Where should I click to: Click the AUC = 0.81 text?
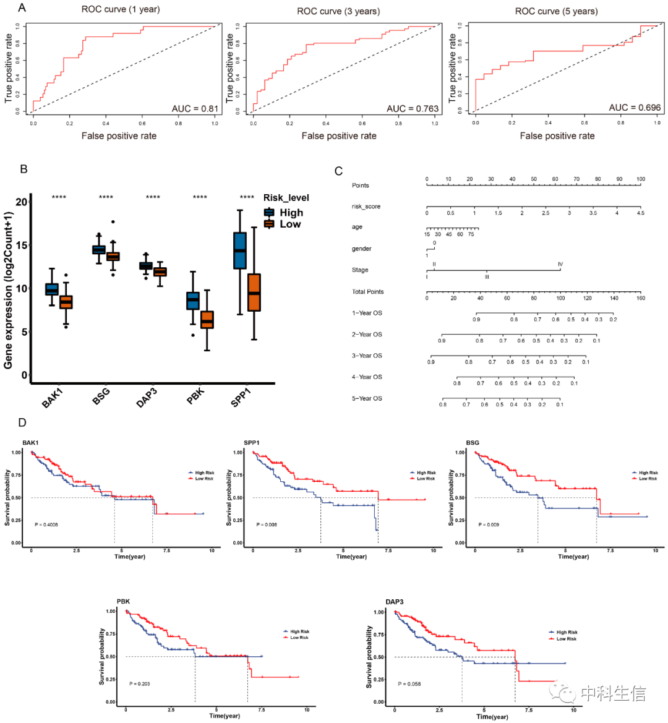click(x=195, y=108)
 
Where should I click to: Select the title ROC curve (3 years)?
click(x=338, y=11)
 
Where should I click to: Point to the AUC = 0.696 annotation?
click(x=635, y=108)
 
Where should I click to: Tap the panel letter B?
click(x=24, y=168)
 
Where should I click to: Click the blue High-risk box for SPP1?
click(x=240, y=250)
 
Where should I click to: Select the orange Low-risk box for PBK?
click(x=207, y=320)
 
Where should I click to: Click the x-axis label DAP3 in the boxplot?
click(x=147, y=398)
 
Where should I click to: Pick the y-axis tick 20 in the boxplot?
click(x=22, y=202)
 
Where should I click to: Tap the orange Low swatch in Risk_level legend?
click(x=269, y=224)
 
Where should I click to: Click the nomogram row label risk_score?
click(x=366, y=207)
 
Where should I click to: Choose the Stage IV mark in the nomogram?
click(x=560, y=265)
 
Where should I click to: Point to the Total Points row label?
click(x=367, y=292)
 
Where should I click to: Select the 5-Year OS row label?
click(x=367, y=398)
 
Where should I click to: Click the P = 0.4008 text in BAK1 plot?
click(x=47, y=524)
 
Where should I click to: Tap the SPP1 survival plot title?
click(x=251, y=443)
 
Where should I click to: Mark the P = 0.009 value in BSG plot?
click(x=489, y=524)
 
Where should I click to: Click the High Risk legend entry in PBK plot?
click(x=299, y=631)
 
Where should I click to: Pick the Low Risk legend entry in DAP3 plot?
click(x=566, y=639)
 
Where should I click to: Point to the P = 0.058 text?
click(x=409, y=684)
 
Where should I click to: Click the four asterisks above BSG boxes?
click(x=106, y=198)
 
